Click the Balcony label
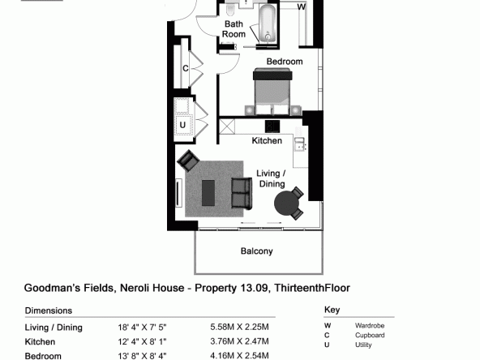click(256, 251)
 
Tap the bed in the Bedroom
click(272, 92)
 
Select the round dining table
click(286, 204)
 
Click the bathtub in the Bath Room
click(268, 24)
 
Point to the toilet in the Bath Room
click(230, 10)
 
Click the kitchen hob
click(272, 126)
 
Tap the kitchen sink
click(299, 144)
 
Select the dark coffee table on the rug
click(208, 193)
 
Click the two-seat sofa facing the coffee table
click(242, 193)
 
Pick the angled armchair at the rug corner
click(188, 161)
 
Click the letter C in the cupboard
click(186, 68)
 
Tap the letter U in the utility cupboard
click(182, 125)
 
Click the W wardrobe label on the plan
click(302, 6)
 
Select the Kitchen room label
click(267, 141)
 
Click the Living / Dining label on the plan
click(272, 178)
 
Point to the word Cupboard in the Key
click(370, 335)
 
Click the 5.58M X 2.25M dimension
click(239, 327)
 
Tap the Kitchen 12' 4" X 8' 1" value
click(142, 341)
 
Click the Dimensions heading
click(49, 311)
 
